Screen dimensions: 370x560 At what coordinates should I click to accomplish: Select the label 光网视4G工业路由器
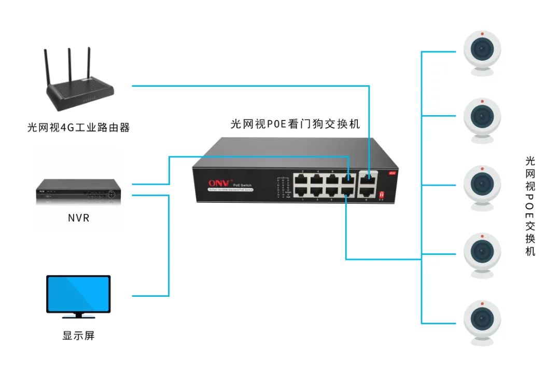(78, 127)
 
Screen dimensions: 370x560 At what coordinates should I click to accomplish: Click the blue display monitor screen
(78, 293)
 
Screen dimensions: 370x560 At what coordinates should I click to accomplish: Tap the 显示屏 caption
(78, 336)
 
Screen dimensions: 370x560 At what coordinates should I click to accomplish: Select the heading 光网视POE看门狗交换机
(295, 125)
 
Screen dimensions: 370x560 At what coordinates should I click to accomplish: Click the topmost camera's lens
(482, 50)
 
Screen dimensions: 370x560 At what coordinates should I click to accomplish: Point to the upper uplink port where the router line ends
(369, 179)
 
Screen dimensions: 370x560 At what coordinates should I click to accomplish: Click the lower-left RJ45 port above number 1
(302, 191)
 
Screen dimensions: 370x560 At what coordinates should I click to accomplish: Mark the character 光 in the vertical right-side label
(530, 161)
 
